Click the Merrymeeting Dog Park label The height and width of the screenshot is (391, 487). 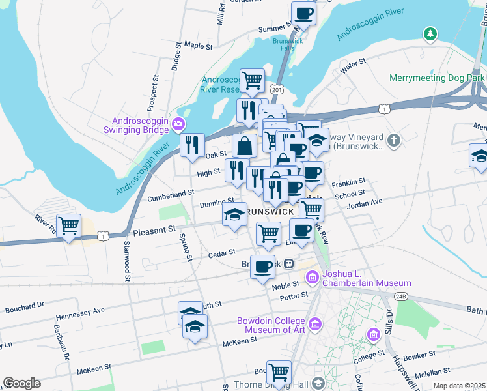pyautogui.click(x=437, y=78)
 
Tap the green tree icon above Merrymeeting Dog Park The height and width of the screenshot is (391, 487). pyautogui.click(x=429, y=34)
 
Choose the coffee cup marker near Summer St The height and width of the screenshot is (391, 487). pyautogui.click(x=303, y=13)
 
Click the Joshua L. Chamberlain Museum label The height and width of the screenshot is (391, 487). pyautogui.click(x=368, y=278)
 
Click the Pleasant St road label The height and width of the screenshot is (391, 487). pyautogui.click(x=154, y=230)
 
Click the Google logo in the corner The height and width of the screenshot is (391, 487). pyautogui.click(x=21, y=383)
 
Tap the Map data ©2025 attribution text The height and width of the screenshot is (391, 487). pyautogui.click(x=459, y=386)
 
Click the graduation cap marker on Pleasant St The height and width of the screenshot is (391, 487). pyautogui.click(x=234, y=216)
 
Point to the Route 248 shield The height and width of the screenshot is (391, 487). pyautogui.click(x=400, y=297)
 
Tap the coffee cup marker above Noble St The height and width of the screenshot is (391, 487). pyautogui.click(x=262, y=267)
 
